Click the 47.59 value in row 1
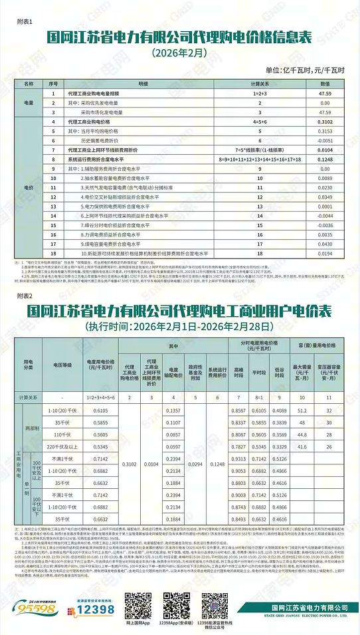click(325, 94)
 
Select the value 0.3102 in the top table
click(325, 123)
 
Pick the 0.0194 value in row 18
click(325, 254)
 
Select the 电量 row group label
click(29, 104)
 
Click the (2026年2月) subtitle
click(179, 51)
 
